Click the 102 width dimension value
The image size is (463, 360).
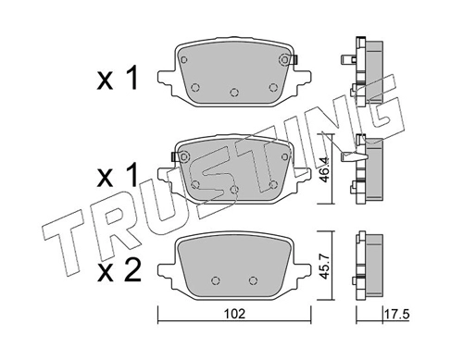point(234,314)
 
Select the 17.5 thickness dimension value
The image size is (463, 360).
point(396,315)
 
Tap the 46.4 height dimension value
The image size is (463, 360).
point(324,169)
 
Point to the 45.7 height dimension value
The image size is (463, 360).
point(324,266)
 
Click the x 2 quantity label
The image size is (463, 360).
point(119,271)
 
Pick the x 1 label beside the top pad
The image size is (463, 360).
point(118,79)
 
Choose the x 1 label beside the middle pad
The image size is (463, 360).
point(118,175)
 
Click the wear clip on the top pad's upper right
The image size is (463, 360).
point(292,59)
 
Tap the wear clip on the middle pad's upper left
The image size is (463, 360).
point(176,156)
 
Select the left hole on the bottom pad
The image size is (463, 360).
point(216,280)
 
